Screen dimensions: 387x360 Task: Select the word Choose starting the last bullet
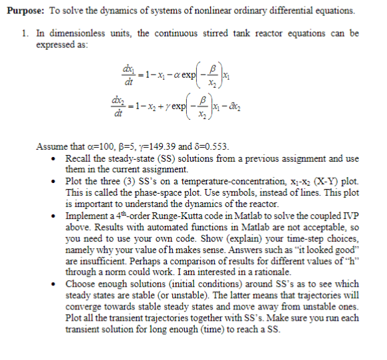[82, 281]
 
